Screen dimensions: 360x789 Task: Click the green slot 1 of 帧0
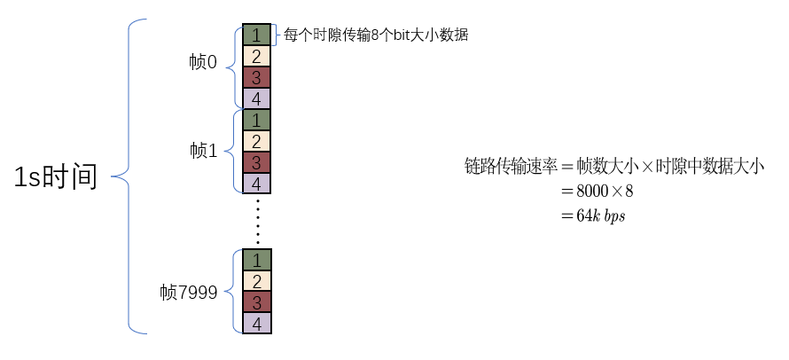click(x=256, y=35)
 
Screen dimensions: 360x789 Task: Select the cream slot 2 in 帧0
click(x=256, y=56)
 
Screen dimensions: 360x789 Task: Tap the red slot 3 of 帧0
click(x=256, y=77)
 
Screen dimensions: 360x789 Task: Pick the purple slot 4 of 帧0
click(x=256, y=98)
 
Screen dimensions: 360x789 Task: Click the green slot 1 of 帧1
click(x=256, y=120)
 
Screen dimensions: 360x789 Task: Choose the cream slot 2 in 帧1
click(x=256, y=141)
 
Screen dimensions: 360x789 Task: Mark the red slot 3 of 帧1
click(x=256, y=162)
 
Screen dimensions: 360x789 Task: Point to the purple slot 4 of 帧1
click(x=256, y=184)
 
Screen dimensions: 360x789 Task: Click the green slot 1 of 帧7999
click(x=256, y=260)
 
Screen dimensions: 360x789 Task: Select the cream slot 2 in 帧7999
click(x=256, y=281)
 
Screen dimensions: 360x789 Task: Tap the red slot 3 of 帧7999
click(x=256, y=302)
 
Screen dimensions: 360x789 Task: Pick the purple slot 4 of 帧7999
click(x=256, y=323)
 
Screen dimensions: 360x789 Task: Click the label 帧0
click(x=203, y=64)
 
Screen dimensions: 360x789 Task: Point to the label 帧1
click(x=203, y=150)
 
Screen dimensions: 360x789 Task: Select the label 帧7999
click(x=189, y=292)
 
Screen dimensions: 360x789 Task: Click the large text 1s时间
click(x=55, y=177)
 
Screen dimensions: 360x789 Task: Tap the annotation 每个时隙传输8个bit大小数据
click(x=375, y=35)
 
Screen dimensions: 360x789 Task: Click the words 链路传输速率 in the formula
click(x=508, y=166)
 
